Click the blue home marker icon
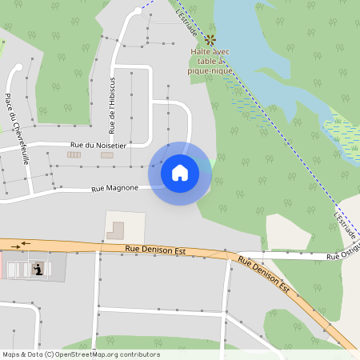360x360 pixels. click(180, 173)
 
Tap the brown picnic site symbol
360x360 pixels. click(210, 38)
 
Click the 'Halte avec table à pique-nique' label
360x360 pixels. click(210, 61)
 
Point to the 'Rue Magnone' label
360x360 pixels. click(114, 189)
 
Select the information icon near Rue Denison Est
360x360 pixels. click(38, 270)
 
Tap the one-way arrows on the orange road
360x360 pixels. click(27, 243)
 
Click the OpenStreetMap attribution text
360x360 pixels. click(81, 354)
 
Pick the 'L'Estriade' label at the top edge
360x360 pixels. click(184, 10)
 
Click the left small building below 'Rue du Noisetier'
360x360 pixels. click(74, 155)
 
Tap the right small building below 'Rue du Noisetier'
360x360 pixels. click(107, 155)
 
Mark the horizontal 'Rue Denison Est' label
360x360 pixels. click(155, 250)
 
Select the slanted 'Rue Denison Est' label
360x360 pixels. click(263, 275)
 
